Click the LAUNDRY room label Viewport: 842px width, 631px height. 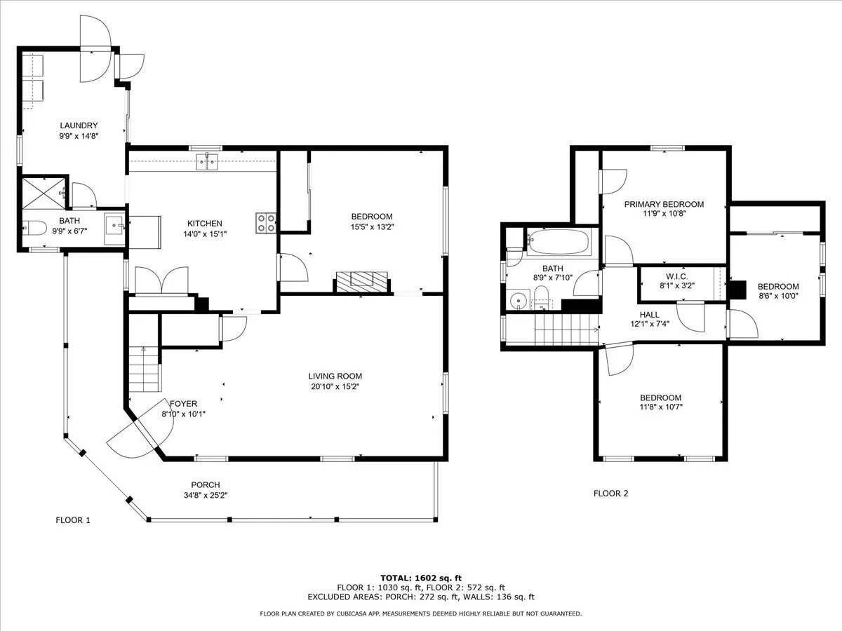pos(79,125)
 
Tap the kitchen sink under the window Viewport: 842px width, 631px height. pos(207,162)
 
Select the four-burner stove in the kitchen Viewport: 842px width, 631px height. pos(266,223)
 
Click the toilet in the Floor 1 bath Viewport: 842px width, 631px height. pos(34,228)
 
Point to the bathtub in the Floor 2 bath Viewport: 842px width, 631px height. pos(559,242)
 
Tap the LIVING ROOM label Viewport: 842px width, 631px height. pos(335,376)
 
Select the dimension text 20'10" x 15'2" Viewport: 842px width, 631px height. pos(335,386)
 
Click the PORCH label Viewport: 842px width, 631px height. pos(206,484)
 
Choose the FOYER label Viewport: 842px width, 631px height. pos(183,403)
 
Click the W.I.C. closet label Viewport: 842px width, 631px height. pos(676,276)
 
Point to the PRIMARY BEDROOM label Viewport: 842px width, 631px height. pos(664,204)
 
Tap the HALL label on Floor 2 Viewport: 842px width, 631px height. pos(650,315)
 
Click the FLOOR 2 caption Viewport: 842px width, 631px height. pos(610,493)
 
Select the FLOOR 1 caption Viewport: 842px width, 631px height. pos(73,520)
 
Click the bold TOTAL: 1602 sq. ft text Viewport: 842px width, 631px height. pos(421,578)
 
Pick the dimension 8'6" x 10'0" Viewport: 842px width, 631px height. pos(778,296)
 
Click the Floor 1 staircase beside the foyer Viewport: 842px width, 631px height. pos(144,369)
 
